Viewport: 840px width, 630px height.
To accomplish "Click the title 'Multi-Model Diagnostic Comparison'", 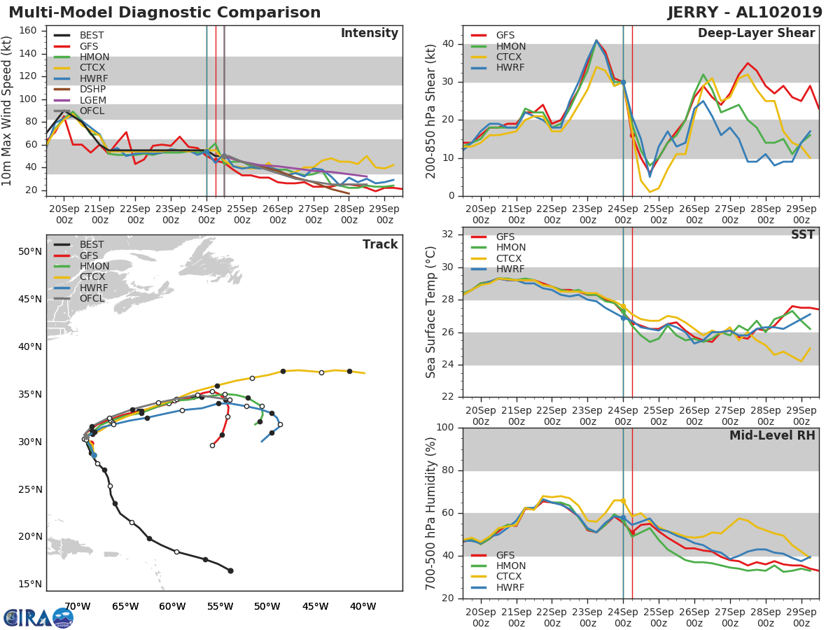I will tap(164, 13).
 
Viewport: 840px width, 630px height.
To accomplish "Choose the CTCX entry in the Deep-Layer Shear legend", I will tap(510, 57).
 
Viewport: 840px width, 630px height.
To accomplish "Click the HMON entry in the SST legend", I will tap(510, 248).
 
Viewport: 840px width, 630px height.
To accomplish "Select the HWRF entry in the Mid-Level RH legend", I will tap(510, 587).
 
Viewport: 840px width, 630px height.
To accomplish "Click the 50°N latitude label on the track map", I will tap(30, 252).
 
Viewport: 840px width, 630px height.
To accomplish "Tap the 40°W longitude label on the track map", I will tap(362, 606).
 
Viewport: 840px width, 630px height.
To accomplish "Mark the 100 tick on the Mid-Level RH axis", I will tap(443, 428).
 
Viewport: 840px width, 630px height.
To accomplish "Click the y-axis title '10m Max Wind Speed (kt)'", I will tap(8, 113).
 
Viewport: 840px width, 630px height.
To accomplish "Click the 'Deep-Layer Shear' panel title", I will tap(756, 34).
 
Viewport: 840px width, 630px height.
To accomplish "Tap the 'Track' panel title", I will tap(379, 244).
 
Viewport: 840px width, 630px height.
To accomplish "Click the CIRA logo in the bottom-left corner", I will tap(38, 617).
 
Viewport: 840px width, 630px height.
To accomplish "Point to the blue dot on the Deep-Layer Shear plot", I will tap(623, 82).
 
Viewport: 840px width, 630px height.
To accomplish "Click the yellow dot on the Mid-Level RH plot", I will tap(623, 500).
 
